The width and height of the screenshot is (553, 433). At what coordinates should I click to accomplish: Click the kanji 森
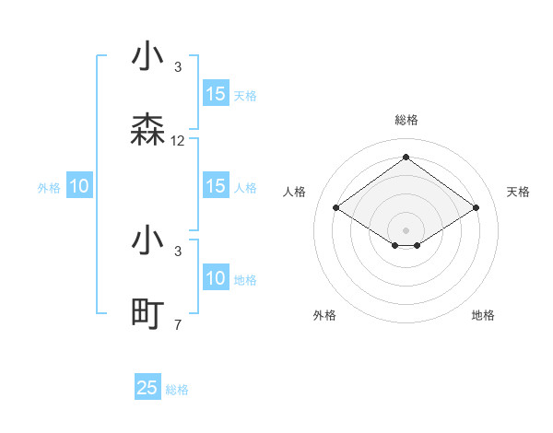[148, 131]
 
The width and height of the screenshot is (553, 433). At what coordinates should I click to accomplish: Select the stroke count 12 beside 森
[178, 141]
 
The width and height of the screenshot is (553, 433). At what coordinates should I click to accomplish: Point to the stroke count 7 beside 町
[178, 324]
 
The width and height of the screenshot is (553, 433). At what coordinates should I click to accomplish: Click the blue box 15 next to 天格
[216, 94]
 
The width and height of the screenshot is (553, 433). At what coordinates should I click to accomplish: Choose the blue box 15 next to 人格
[216, 186]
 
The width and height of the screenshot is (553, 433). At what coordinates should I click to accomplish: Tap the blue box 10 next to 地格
[216, 278]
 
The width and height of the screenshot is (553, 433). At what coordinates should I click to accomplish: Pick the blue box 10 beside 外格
[79, 186]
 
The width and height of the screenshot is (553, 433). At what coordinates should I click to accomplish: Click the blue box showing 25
[147, 388]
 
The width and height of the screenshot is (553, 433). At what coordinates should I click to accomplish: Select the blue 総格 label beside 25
[177, 390]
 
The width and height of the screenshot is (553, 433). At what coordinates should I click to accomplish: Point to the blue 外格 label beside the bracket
[49, 188]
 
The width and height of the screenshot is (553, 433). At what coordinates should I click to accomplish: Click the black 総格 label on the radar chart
[406, 120]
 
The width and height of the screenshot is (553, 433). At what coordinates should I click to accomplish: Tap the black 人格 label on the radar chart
[295, 192]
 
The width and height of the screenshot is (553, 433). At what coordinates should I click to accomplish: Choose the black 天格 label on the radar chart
[518, 192]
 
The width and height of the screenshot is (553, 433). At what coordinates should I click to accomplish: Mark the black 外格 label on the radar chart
[324, 315]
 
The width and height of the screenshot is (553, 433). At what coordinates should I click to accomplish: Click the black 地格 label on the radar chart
[483, 315]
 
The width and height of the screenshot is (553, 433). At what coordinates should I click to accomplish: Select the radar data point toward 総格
[406, 157]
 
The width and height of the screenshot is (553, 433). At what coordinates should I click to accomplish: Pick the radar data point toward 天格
[476, 208]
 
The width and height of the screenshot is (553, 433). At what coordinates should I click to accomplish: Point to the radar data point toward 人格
[336, 208]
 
